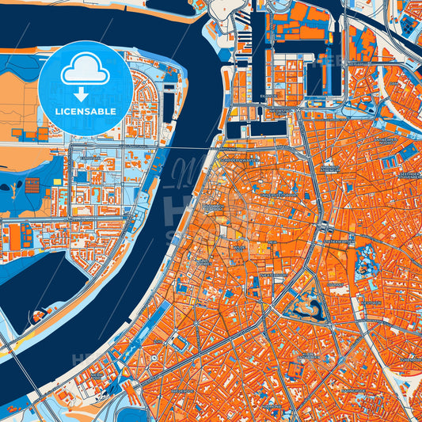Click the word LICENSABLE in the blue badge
[x=85, y=112]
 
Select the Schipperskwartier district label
[x=238, y=159]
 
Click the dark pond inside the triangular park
[x=306, y=305]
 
